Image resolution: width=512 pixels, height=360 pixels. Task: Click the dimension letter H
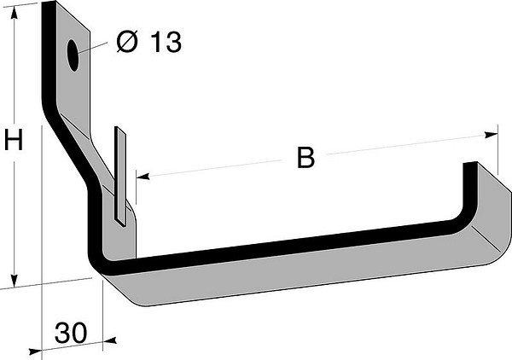click(14, 140)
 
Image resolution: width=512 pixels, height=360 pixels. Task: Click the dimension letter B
click(306, 158)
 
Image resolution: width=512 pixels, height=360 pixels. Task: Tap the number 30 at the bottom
click(71, 333)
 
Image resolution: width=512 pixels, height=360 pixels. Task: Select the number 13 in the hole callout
click(166, 42)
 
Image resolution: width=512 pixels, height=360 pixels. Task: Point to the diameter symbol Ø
click(127, 42)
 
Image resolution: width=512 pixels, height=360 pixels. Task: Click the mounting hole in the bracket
click(73, 55)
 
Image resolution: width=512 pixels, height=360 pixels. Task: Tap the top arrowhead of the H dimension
click(14, 13)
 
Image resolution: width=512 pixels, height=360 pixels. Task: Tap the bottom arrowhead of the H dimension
click(14, 281)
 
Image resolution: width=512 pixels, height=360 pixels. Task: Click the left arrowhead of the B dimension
click(143, 177)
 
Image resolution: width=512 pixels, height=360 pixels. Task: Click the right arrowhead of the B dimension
click(492, 135)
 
